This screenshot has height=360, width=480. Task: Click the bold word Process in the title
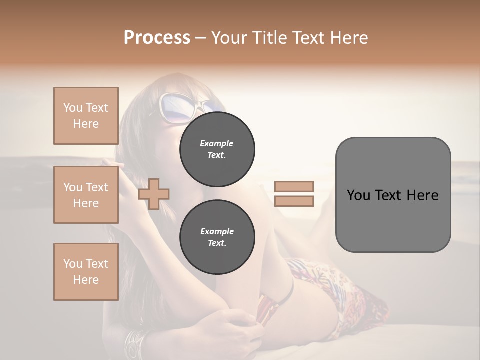157,38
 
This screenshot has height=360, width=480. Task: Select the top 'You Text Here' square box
86,116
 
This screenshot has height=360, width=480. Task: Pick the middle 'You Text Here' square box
86,195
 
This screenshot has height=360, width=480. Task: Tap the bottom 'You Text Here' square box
86,272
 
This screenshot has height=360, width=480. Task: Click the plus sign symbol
154,194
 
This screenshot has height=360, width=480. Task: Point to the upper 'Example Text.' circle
217,149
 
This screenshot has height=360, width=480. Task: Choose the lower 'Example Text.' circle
217,237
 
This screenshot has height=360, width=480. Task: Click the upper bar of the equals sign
294,186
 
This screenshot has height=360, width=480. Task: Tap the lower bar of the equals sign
294,201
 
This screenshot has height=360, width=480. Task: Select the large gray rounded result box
393,195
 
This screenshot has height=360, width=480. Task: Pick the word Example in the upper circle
217,144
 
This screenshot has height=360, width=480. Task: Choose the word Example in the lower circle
217,232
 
